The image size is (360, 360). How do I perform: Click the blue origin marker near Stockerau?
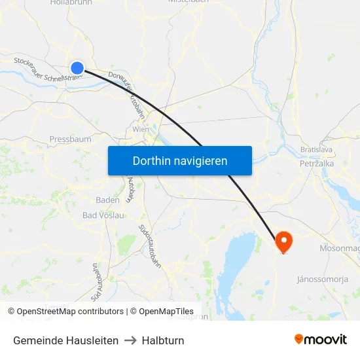pyautogui.click(x=77, y=67)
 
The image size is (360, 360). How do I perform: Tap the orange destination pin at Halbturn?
pyautogui.click(x=283, y=242)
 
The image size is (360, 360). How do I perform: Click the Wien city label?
pyautogui.click(x=141, y=130)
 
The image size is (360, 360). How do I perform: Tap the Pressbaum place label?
pyautogui.click(x=70, y=139)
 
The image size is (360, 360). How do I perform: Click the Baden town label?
pyautogui.click(x=107, y=200)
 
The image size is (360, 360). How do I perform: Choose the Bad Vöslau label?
pyautogui.click(x=103, y=215)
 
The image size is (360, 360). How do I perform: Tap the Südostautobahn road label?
pyautogui.click(x=150, y=243)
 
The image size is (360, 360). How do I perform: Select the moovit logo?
pyautogui.click(x=320, y=340)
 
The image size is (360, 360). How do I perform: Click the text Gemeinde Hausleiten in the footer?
pyautogui.click(x=65, y=340)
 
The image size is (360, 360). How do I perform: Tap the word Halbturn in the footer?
pyautogui.click(x=163, y=340)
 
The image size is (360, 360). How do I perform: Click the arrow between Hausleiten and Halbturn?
pyautogui.click(x=130, y=340)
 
